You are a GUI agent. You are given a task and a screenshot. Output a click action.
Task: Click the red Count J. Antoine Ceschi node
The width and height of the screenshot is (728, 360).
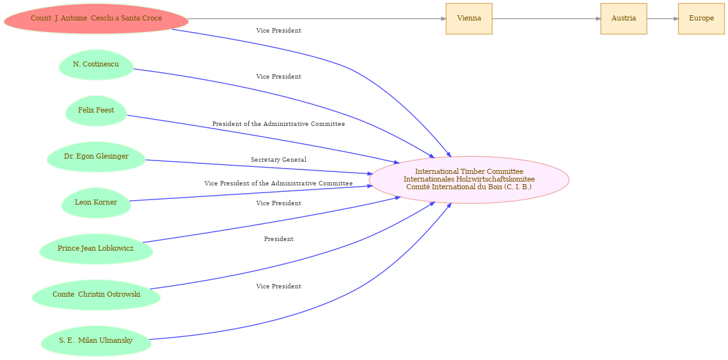click(x=96, y=19)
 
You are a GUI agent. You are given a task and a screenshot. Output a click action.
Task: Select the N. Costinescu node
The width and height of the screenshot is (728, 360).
click(x=96, y=64)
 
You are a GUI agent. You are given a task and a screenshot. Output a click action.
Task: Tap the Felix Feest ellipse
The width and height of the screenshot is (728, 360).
click(x=96, y=111)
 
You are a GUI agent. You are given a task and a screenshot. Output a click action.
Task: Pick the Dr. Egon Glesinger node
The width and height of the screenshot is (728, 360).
click(x=96, y=156)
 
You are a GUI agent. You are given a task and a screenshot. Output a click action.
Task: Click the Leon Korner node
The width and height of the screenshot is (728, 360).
click(x=96, y=202)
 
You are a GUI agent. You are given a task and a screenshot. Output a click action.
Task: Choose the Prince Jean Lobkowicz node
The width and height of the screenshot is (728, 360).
click(x=96, y=249)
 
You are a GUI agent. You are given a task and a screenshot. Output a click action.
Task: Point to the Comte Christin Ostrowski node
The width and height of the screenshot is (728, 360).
click(x=96, y=295)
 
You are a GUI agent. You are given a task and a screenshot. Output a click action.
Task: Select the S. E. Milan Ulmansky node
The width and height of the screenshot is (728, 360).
click(x=96, y=341)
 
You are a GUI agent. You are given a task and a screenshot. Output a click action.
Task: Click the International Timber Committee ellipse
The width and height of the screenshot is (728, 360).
click(x=469, y=180)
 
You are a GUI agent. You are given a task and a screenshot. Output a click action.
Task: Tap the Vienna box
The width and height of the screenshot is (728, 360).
click(x=469, y=19)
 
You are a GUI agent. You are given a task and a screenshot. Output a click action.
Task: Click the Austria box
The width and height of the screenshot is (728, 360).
click(x=624, y=19)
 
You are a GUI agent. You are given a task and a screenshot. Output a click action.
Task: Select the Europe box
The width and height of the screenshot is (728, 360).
click(x=701, y=19)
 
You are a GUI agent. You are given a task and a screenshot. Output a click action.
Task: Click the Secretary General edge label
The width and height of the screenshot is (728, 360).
click(x=278, y=160)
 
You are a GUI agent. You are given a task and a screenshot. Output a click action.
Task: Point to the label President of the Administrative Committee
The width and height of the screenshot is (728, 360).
click(x=278, y=124)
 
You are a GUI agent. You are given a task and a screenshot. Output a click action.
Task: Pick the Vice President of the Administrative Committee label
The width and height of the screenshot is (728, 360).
click(x=278, y=184)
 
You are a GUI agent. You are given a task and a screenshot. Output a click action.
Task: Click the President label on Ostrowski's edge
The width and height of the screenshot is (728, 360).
click(x=278, y=239)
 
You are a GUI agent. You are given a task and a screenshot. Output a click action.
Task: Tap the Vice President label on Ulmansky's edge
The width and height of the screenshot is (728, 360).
click(x=278, y=286)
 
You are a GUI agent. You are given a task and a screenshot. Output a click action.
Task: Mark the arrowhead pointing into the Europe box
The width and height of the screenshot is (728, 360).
click(x=676, y=19)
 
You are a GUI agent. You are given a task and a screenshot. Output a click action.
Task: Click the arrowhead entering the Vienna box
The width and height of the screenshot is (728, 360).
click(x=443, y=19)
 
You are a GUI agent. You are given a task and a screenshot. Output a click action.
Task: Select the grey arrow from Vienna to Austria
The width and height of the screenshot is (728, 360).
click(x=546, y=19)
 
